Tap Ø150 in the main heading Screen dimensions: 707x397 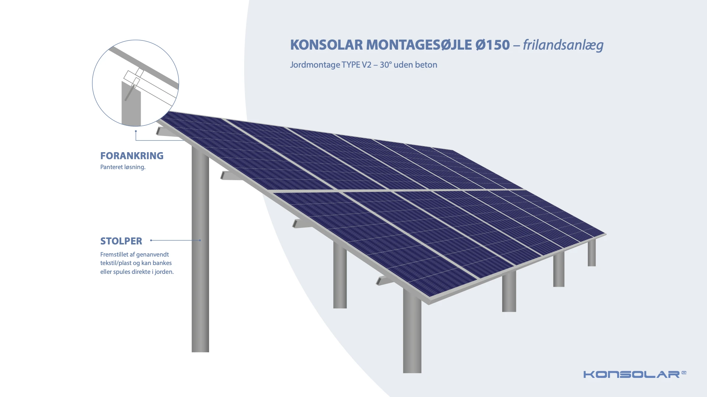(x=493, y=45)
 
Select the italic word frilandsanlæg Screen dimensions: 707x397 (x=563, y=45)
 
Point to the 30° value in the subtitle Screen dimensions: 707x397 (x=386, y=65)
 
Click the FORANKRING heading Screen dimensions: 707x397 (x=132, y=155)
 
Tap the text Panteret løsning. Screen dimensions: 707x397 (x=123, y=167)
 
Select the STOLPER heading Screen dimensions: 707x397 (x=121, y=241)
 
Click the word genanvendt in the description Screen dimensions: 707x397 (x=152, y=254)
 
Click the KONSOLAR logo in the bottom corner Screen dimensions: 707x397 (x=635, y=374)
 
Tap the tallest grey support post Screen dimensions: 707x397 (x=200, y=250)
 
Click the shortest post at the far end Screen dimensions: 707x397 (x=592, y=253)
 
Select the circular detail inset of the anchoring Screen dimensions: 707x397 (x=136, y=83)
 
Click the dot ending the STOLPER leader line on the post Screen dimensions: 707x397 (x=200, y=240)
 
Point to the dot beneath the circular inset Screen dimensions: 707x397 (x=136, y=131)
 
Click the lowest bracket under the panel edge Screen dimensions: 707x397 (x=384, y=280)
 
